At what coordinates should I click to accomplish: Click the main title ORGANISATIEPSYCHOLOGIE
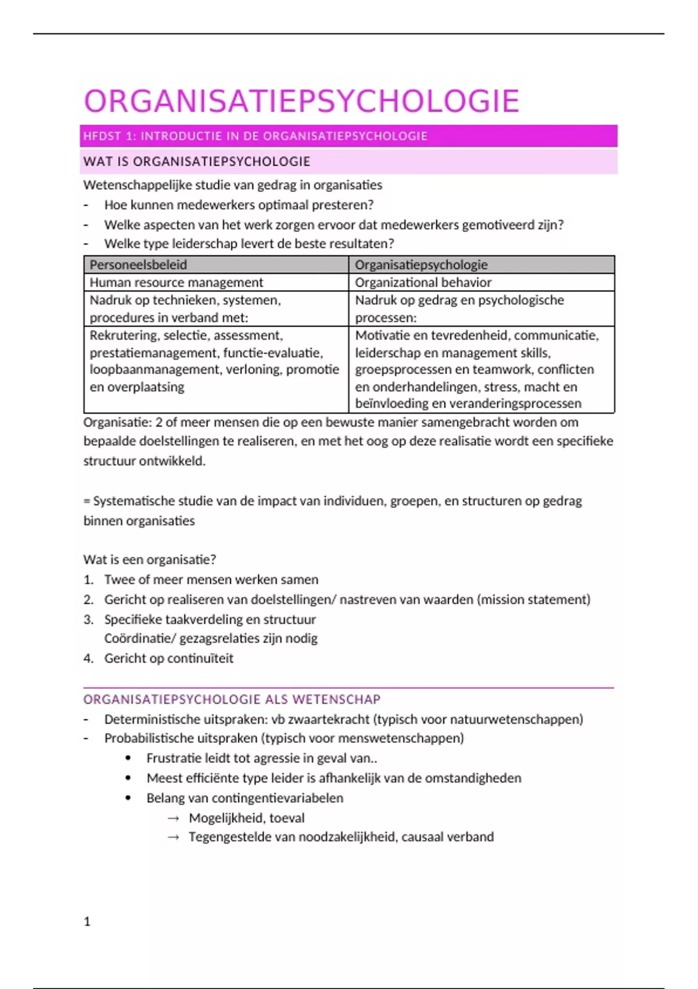(301, 101)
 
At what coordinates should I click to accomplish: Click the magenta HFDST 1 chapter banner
(348, 136)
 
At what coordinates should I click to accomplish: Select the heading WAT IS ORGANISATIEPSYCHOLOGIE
(197, 162)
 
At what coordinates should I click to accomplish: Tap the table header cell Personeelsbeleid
(138, 265)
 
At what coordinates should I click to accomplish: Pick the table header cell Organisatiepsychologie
(421, 265)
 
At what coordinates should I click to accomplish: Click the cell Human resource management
(176, 282)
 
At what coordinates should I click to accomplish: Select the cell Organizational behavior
(423, 282)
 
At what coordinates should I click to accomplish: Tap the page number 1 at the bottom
(87, 921)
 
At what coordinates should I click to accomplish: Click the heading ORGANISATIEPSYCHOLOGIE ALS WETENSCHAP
(232, 699)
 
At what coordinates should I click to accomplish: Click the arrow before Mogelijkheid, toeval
(173, 818)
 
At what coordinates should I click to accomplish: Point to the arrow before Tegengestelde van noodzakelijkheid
(173, 837)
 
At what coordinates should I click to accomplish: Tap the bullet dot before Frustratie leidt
(129, 759)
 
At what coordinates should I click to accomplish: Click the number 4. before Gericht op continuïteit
(88, 659)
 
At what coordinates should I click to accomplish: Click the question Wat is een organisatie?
(149, 560)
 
